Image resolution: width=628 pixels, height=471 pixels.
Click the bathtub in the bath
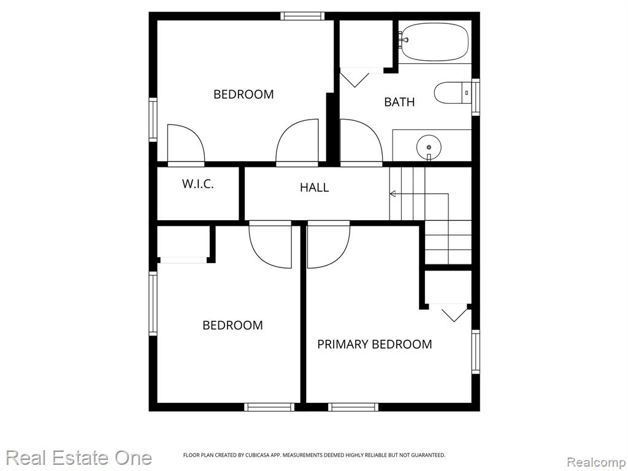pyautogui.click(x=435, y=42)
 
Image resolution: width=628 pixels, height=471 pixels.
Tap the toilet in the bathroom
pyautogui.click(x=453, y=93)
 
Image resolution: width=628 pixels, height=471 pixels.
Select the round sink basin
pyautogui.click(x=429, y=147)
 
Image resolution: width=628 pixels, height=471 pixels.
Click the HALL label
pyautogui.click(x=315, y=188)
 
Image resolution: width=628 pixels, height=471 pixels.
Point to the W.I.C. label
pyautogui.click(x=198, y=184)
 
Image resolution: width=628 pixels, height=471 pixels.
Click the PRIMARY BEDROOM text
pyautogui.click(x=375, y=344)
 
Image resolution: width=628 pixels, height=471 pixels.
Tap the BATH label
pyautogui.click(x=399, y=102)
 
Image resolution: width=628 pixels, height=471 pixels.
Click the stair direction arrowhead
pyautogui.click(x=393, y=194)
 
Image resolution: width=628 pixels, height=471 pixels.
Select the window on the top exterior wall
pyautogui.click(x=302, y=16)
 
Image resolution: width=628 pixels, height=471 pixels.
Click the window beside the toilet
pyautogui.click(x=475, y=97)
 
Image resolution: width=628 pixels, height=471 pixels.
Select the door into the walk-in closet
pyautogui.click(x=186, y=145)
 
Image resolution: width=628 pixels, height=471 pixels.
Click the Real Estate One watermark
pyautogui.click(x=79, y=458)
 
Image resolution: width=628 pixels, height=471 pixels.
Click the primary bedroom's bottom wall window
pyautogui.click(x=353, y=407)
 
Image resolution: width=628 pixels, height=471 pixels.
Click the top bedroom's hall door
pyautogui.click(x=297, y=142)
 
